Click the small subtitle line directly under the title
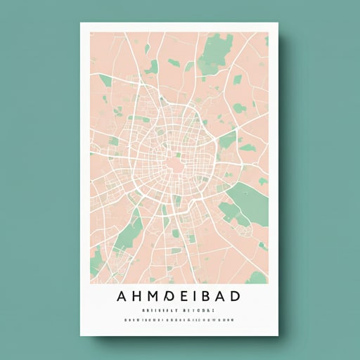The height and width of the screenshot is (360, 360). pyautogui.click(x=180, y=309)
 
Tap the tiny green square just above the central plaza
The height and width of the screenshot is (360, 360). pyautogui.click(x=178, y=155)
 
